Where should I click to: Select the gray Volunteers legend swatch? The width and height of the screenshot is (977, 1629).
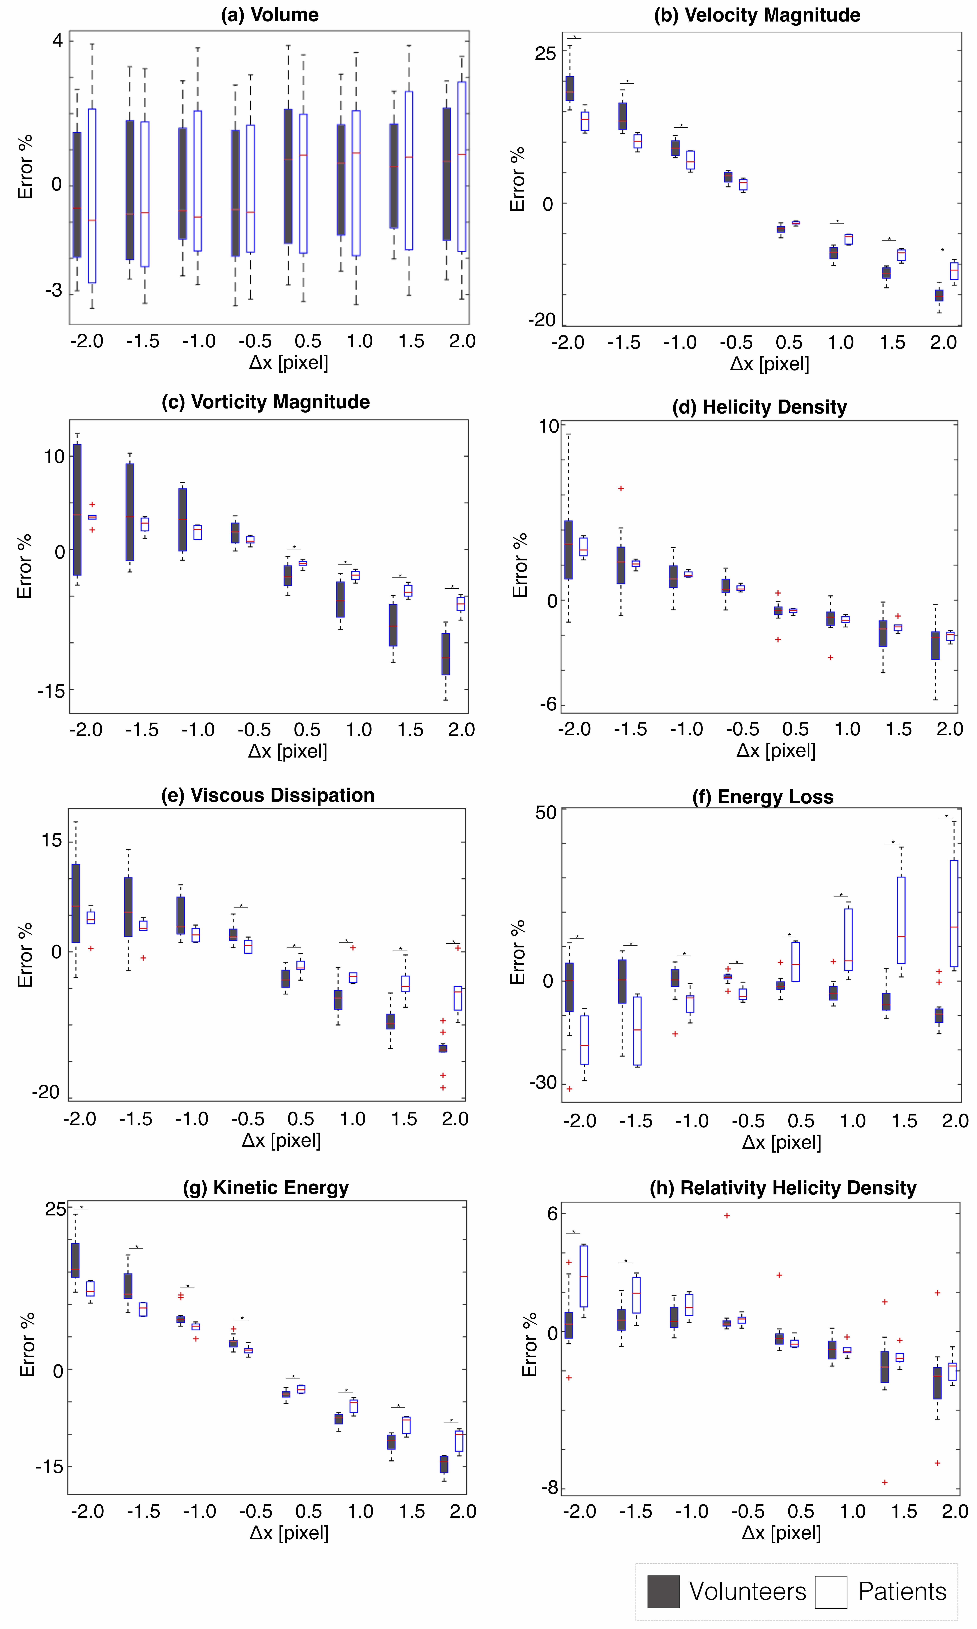(x=663, y=1591)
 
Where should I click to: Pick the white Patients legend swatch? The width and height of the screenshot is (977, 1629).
(x=831, y=1591)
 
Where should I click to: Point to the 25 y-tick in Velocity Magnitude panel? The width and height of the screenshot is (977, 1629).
(x=545, y=53)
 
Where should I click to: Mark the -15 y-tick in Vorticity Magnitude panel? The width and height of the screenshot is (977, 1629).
(x=51, y=691)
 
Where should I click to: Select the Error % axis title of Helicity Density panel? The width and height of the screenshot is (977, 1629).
(x=520, y=565)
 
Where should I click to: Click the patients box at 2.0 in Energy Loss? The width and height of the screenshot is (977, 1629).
(x=953, y=913)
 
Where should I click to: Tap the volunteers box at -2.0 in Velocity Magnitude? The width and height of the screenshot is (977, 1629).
(x=569, y=88)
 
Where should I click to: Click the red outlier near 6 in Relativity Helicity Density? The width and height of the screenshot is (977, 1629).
(x=727, y=1215)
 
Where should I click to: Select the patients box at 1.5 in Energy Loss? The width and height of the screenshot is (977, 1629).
(x=901, y=920)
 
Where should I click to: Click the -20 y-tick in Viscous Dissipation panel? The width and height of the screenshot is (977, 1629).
(x=46, y=1092)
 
